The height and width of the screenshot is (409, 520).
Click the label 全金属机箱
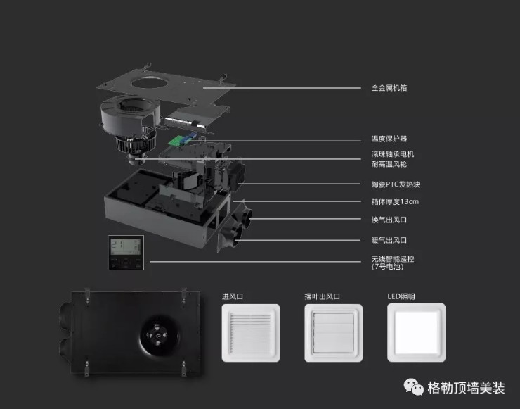pyautogui.click(x=389, y=88)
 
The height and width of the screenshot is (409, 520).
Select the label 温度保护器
pyautogui.click(x=389, y=139)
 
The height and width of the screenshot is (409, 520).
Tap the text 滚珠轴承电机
pyautogui.click(x=393, y=154)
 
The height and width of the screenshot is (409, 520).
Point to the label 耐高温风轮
pyautogui.click(x=389, y=164)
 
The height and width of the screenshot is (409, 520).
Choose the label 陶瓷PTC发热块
pyautogui.click(x=396, y=184)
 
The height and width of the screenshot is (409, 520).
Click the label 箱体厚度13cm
pyautogui.click(x=395, y=201)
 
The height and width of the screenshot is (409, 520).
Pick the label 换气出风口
pyautogui.click(x=389, y=220)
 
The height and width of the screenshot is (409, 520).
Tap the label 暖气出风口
pyautogui.click(x=389, y=240)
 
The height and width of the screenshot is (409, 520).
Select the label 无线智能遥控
pyautogui.click(x=393, y=259)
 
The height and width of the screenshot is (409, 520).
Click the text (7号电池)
pyautogui.click(x=387, y=267)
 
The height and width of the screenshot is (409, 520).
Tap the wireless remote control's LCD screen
pyautogui.click(x=126, y=246)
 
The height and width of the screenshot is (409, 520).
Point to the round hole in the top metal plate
pyautogui.click(x=149, y=82)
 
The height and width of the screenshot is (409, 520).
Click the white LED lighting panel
pyautogui.click(x=417, y=332)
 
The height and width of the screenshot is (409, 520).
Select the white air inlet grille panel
pyautogui.click(x=251, y=333)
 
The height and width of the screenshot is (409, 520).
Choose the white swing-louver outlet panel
pyautogui.click(x=334, y=333)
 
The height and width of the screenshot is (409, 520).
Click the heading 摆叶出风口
pyautogui.click(x=323, y=296)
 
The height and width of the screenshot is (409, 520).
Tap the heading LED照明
pyautogui.click(x=401, y=296)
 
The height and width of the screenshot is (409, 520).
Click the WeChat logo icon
pyautogui.click(x=414, y=386)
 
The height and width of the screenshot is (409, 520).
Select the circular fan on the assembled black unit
pyautogui.click(x=160, y=336)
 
